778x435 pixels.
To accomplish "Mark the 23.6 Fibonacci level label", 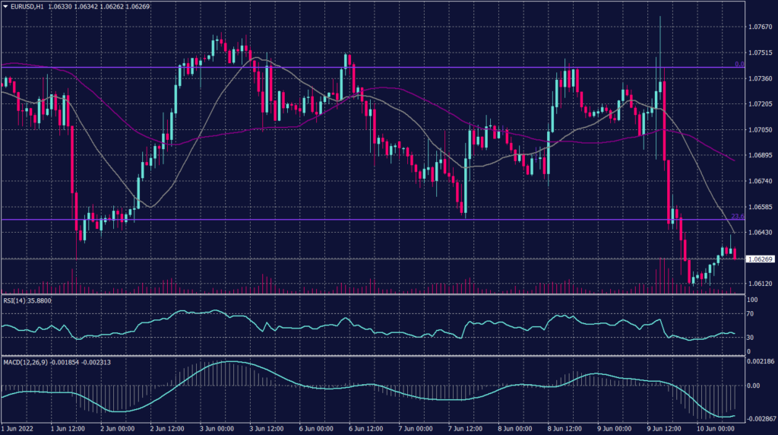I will pos(736,216).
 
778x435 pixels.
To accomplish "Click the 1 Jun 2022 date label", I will pos(21,429).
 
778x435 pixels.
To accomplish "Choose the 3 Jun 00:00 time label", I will pos(219,429).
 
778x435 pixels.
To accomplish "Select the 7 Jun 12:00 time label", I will pos(467,429).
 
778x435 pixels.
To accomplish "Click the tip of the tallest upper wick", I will pos(659,15).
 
